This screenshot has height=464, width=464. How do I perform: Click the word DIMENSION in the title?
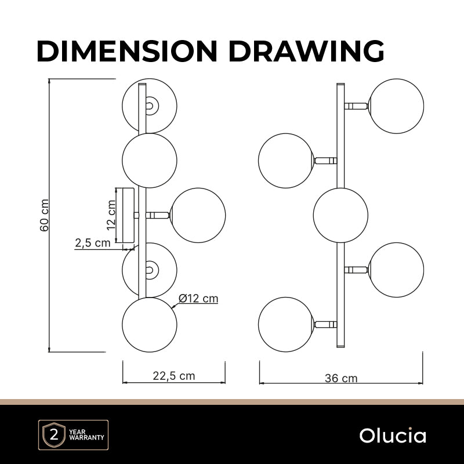pyautogui.click(x=127, y=51)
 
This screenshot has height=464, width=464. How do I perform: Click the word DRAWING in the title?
pyautogui.click(x=307, y=51)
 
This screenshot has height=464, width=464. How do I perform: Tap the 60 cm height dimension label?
pyautogui.click(x=45, y=215)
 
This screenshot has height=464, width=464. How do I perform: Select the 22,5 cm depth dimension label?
pyautogui.click(x=174, y=376)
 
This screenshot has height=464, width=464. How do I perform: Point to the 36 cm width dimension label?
pyautogui.click(x=341, y=378)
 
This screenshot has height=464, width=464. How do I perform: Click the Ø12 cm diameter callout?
pyautogui.click(x=198, y=298)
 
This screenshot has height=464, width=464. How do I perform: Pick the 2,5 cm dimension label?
pyautogui.click(x=93, y=243)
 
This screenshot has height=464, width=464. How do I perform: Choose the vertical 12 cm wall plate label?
pyautogui.click(x=111, y=215)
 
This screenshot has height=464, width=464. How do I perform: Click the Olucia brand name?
pyautogui.click(x=393, y=436)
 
